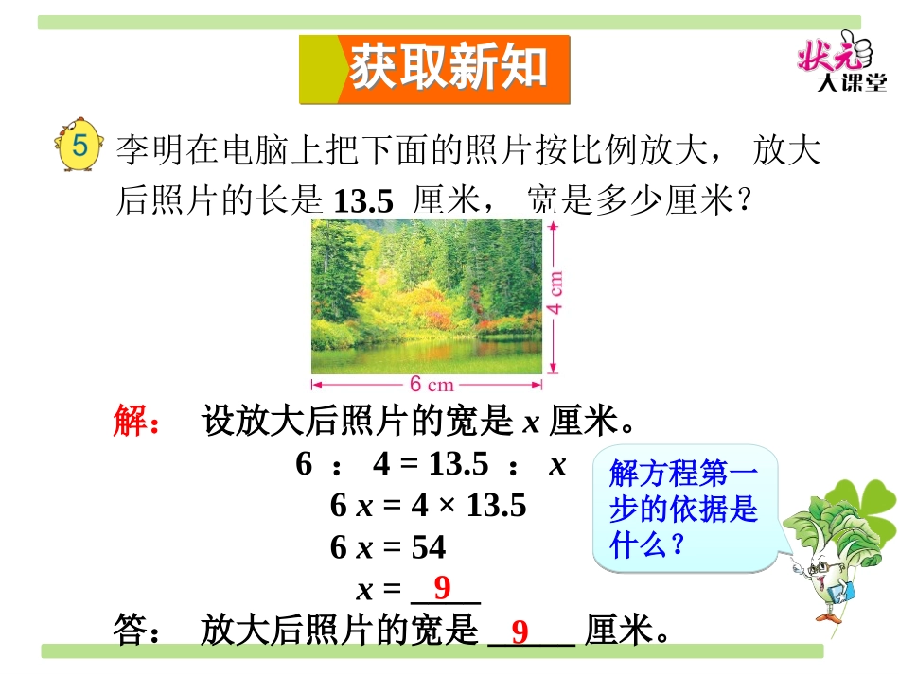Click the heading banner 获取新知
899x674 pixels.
436,69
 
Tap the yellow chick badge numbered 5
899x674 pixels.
80,147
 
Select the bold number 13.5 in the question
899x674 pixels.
363,200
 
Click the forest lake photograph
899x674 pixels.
427,297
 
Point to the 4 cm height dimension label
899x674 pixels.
557,294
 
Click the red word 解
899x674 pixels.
130,422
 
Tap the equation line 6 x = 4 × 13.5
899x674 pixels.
428,506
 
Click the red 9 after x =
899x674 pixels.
442,589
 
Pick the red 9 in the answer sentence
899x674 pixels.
520,631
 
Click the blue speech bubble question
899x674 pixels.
683,509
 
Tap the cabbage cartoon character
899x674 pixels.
836,558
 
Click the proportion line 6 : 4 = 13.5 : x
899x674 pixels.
431,464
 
